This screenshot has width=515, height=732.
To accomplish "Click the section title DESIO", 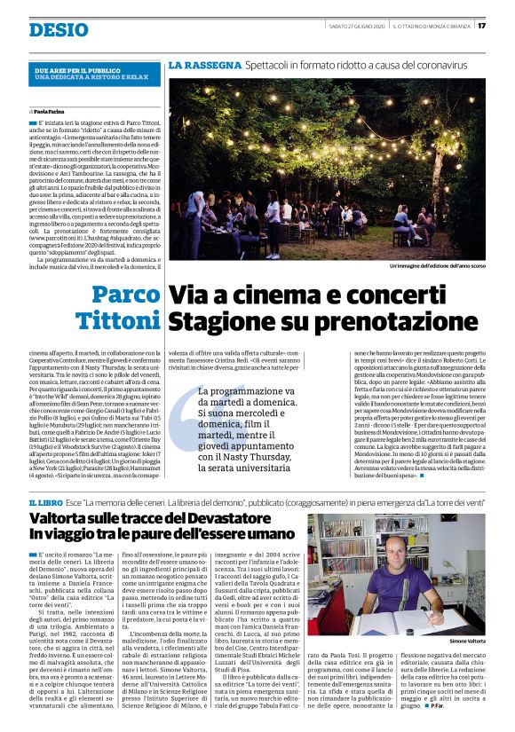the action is coord(58,30).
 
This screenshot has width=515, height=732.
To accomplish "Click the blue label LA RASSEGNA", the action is coord(204,66).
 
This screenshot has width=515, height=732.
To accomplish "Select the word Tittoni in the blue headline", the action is coord(117,320).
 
